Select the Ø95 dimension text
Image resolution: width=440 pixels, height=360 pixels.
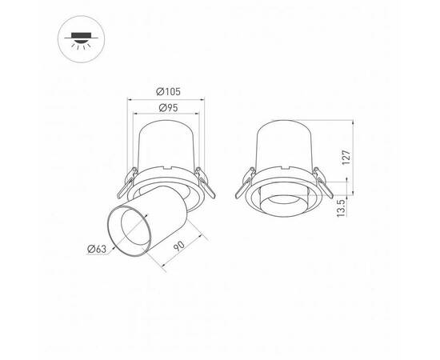click(x=167, y=107)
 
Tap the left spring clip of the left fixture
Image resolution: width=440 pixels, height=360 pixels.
click(x=122, y=185)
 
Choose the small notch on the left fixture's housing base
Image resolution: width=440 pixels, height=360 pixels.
click(x=168, y=168)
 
